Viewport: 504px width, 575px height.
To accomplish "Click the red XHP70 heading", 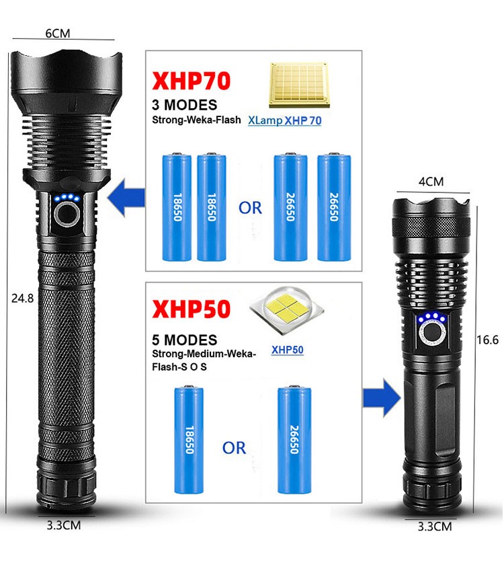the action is click(x=191, y=81).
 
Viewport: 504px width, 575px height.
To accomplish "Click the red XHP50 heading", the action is click(x=191, y=309).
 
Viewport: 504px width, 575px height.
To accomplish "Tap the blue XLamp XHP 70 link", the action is click(x=285, y=120).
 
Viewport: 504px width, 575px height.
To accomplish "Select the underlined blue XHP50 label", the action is click(x=288, y=350).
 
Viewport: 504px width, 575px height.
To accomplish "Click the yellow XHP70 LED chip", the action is click(x=299, y=85).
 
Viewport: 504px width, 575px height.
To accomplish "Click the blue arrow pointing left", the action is click(x=126, y=197).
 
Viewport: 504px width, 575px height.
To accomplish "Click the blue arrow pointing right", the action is click(x=382, y=398).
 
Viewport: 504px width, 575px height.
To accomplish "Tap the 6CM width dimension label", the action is click(x=58, y=34).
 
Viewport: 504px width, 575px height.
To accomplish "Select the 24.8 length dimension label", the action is click(x=22, y=298).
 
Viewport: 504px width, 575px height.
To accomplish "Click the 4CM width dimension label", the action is click(x=431, y=182).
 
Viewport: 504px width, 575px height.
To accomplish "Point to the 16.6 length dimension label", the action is click(x=487, y=340).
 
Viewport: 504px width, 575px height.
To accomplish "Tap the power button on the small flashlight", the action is click(x=433, y=334).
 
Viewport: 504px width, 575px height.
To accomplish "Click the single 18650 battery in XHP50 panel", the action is click(x=189, y=439).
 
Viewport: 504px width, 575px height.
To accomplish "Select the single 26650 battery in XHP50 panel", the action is click(x=294, y=439).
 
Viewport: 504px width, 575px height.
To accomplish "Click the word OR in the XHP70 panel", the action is click(x=251, y=208).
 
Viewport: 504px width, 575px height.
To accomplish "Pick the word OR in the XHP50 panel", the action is click(x=235, y=448).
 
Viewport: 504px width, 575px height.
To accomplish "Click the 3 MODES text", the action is click(x=185, y=105).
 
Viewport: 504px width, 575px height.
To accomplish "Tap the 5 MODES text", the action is click(x=185, y=340).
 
